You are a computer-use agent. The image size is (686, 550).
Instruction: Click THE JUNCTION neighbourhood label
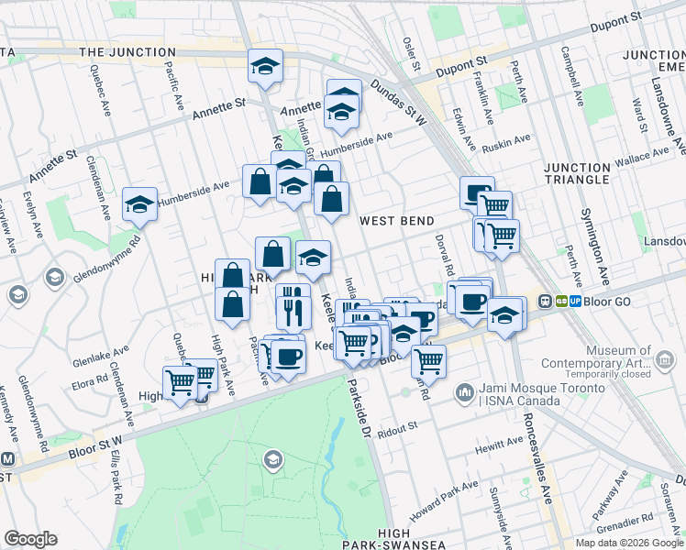[127, 52]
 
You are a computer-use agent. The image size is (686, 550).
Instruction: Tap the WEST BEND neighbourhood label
[395, 221]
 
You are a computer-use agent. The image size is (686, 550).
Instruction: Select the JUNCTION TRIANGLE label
[589, 173]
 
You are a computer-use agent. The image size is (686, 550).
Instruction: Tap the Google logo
[30, 539]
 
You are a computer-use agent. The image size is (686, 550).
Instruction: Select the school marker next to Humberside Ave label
[139, 204]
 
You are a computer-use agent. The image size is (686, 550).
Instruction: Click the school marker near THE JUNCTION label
[265, 66]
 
